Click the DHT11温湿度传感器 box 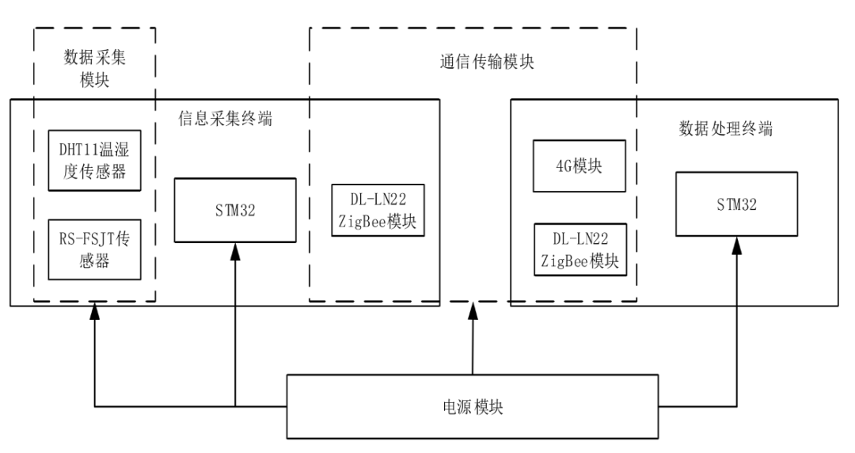95,161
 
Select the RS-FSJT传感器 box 95,249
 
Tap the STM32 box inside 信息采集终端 234,211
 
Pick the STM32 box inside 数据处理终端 736,204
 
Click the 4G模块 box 580,166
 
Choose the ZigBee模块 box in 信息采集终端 377,210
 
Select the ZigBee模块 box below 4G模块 580,249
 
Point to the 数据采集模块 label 94,70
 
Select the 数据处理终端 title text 726,129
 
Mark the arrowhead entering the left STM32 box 234,252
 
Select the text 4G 563,166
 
